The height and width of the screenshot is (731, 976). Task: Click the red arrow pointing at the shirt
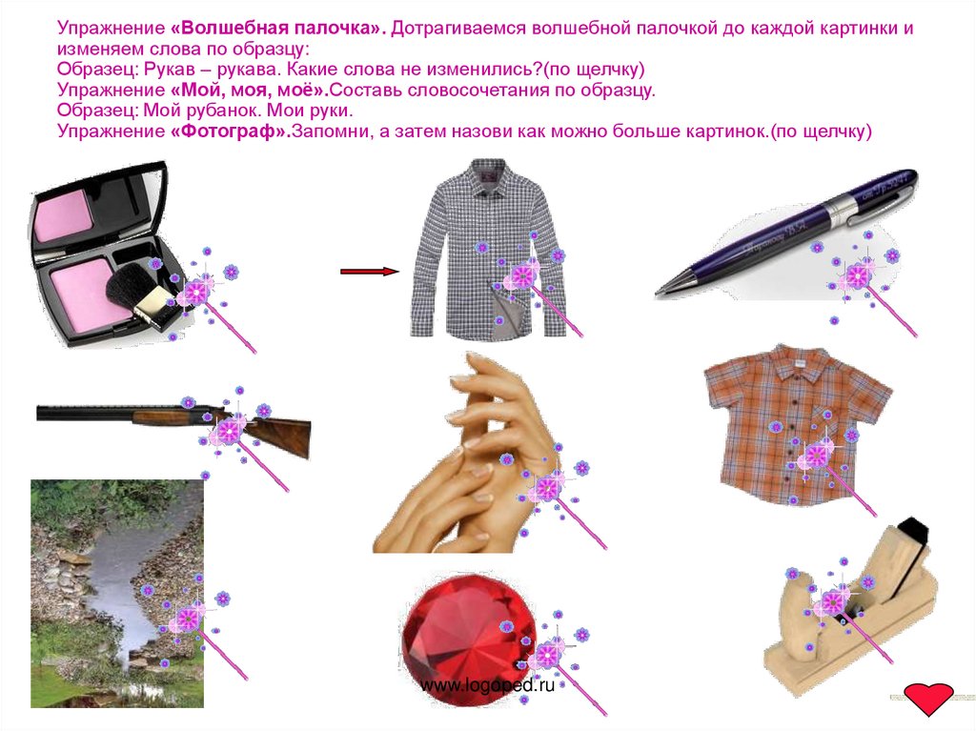(369, 271)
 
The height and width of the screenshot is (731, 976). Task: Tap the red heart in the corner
(928, 699)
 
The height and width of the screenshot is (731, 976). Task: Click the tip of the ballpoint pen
(658, 293)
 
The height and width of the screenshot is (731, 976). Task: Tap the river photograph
(117, 594)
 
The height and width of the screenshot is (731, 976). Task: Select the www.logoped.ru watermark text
(487, 685)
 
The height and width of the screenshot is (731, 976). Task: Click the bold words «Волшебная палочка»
(278, 28)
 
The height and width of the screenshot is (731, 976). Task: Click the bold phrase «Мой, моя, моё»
(250, 91)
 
